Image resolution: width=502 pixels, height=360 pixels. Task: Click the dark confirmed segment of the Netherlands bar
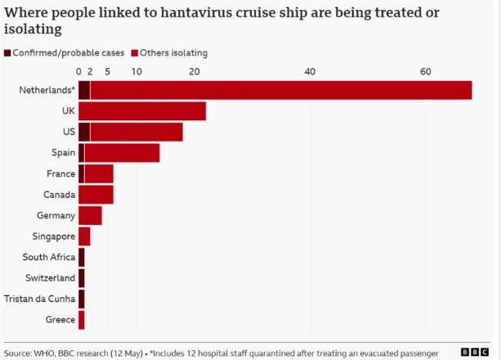[84, 90]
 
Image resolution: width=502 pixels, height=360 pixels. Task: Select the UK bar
[142, 111]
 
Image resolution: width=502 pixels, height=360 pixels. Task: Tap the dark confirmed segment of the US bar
[84, 132]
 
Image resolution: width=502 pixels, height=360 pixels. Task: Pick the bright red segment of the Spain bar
[122, 153]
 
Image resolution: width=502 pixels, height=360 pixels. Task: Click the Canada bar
[96, 195]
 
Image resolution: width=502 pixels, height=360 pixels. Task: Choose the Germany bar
[90, 215]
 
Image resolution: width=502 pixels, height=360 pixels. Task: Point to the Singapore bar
[84, 236]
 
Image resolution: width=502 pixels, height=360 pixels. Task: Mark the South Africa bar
[82, 257]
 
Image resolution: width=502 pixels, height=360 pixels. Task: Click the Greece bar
[82, 320]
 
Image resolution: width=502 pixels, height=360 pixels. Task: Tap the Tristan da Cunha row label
[40, 299]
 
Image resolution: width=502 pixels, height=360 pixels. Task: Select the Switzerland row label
[50, 277]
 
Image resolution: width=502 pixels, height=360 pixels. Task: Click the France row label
[61, 173]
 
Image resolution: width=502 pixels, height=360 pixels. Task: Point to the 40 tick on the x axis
[310, 71]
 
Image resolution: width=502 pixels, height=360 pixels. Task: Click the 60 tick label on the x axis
[425, 71]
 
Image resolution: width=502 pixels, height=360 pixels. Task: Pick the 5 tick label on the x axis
[108, 71]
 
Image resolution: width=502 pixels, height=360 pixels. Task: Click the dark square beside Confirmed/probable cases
[7, 53]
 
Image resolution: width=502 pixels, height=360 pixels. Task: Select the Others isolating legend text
[174, 53]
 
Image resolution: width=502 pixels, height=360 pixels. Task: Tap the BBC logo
[475, 353]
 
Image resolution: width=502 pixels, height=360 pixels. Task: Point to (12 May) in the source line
[127, 353]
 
